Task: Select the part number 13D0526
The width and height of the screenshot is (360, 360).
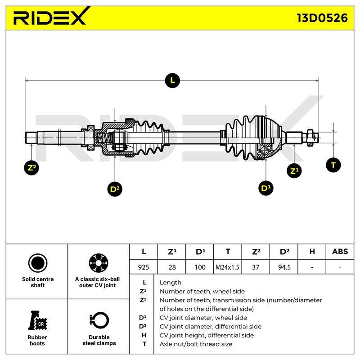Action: pyautogui.click(x=322, y=18)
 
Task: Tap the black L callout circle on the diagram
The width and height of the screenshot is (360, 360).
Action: pyautogui.click(x=172, y=81)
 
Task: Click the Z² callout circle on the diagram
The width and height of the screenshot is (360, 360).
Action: pyautogui.click(x=31, y=168)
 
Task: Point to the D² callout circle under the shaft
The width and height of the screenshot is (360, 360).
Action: pyautogui.click(x=115, y=189)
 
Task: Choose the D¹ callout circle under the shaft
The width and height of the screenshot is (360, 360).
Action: pyautogui.click(x=265, y=188)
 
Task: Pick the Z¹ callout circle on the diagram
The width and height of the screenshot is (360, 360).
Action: pyautogui.click(x=294, y=171)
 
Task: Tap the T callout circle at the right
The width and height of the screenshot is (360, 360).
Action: pyautogui.click(x=333, y=165)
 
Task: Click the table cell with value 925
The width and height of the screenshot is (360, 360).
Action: pyautogui.click(x=144, y=267)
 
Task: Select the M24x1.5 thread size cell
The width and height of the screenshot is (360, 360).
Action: pyautogui.click(x=227, y=267)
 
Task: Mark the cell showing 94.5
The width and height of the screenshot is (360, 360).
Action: pyautogui.click(x=284, y=267)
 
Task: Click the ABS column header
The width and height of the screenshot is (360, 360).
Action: pyautogui.click(x=340, y=252)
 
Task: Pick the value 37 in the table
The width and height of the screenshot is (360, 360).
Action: pyautogui.click(x=256, y=267)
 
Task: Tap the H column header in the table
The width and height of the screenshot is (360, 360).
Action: pyautogui.click(x=312, y=252)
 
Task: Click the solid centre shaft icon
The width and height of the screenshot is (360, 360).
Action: pyautogui.click(x=38, y=263)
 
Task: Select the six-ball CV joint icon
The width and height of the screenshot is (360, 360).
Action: pyautogui.click(x=98, y=263)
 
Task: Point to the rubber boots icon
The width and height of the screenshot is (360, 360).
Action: pyautogui.click(x=37, y=320)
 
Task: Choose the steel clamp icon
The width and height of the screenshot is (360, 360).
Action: pyautogui.click(x=99, y=320)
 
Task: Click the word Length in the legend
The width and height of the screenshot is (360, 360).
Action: pyautogui.click(x=171, y=283)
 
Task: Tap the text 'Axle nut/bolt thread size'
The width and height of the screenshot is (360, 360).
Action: pyautogui.click(x=196, y=344)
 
